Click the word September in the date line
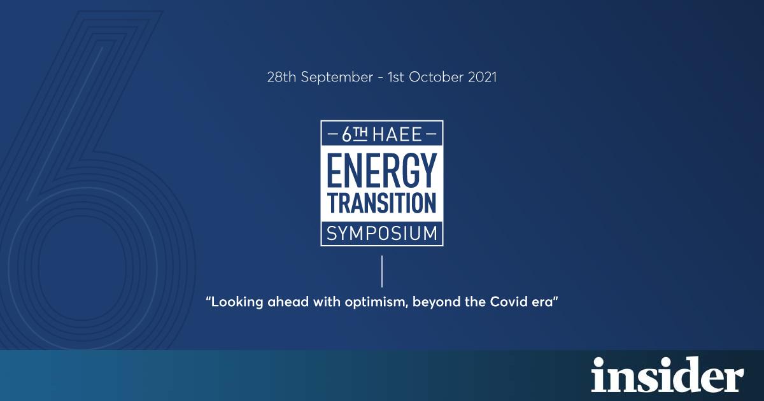point(337,78)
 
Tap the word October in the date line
point(435,77)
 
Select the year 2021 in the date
point(482,77)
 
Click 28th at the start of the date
point(281,77)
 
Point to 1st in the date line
point(395,77)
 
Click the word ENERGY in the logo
point(382,170)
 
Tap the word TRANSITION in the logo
point(382,204)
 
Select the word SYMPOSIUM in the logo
point(382,234)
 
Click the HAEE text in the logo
point(397,135)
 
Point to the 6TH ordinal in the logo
point(355,134)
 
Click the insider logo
point(667,375)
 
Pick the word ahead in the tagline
point(288,302)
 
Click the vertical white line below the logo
point(382,271)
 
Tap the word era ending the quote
point(542,302)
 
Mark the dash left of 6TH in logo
point(332,134)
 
